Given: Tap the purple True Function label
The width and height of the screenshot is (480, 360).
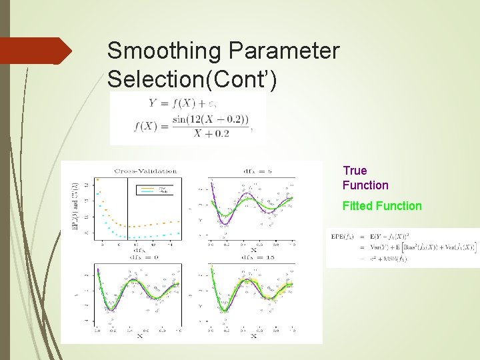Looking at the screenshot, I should click(365, 178).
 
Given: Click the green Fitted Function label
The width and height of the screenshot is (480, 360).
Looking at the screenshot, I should click(382, 206).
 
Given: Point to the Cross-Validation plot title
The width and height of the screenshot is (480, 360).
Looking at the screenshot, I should click(145, 171).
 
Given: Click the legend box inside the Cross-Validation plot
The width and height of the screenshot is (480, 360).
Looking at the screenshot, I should click(156, 189).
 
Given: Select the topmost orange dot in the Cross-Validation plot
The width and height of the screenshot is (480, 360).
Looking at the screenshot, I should click(98, 179).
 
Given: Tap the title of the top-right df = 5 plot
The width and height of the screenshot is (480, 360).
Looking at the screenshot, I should click(251, 171).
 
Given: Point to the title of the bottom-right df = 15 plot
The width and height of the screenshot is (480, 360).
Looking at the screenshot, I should click(251, 257).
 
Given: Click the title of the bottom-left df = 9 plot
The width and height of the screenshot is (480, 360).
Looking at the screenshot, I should click(139, 257).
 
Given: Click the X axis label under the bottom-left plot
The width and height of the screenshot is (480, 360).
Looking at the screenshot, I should click(139, 336).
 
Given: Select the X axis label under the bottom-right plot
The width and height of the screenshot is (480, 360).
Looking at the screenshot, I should click(253, 336).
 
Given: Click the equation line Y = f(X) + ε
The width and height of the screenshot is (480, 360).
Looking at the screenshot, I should click(182, 103).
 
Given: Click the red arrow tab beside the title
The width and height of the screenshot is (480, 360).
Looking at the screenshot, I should click(37, 51).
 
